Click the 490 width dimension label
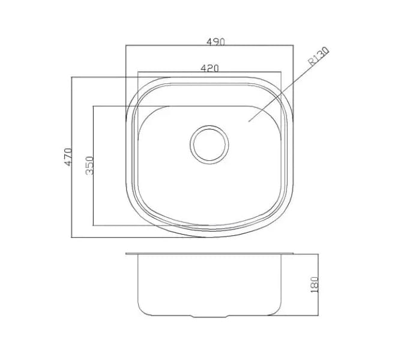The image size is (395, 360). point(216,41)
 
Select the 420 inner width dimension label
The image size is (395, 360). point(210,68)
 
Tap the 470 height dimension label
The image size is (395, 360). point(68,157)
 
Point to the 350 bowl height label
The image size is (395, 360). point(89,166)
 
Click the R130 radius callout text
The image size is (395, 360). point(319,56)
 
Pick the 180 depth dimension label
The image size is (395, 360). point(315,284)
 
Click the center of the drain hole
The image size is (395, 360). point(210,145)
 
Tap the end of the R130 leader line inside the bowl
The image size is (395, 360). point(249,122)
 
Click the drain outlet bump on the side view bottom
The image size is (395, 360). point(210,316)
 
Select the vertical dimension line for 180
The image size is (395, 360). point(318,284)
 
